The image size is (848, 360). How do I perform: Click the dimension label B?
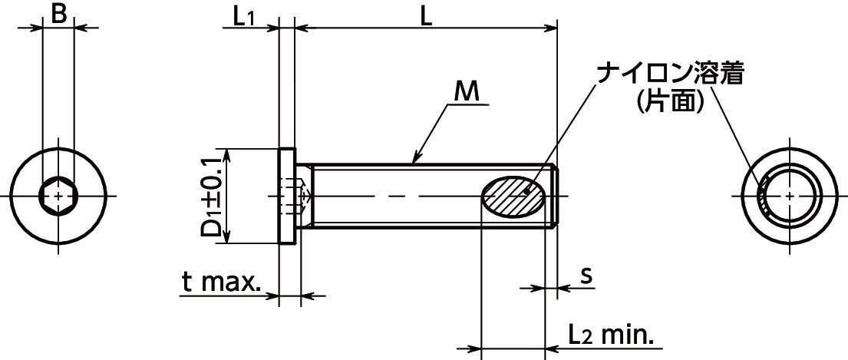(x=59, y=15)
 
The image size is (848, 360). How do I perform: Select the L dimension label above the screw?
(x=426, y=17)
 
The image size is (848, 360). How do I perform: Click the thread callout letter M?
(x=467, y=93)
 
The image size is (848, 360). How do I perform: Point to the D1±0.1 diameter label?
(x=212, y=195)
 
